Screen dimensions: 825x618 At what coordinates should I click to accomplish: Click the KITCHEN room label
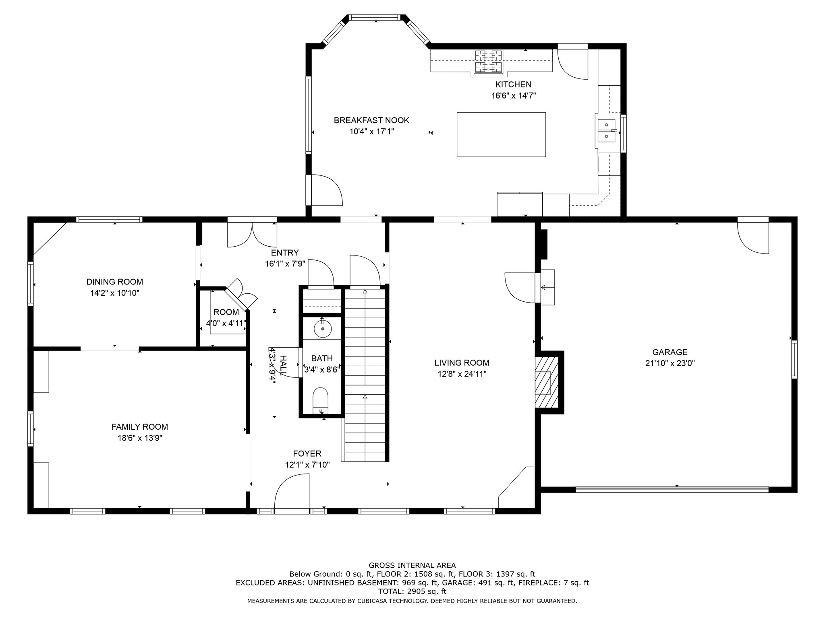click(x=513, y=84)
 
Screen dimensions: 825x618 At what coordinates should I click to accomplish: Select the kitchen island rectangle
click(x=501, y=134)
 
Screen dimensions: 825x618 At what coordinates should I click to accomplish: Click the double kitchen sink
click(x=606, y=131)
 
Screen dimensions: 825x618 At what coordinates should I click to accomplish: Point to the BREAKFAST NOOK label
click(x=371, y=120)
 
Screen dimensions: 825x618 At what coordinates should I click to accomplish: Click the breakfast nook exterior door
click(x=324, y=190)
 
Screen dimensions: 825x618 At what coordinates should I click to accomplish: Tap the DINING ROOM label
click(x=115, y=282)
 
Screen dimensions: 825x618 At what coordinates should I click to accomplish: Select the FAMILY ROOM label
click(x=140, y=427)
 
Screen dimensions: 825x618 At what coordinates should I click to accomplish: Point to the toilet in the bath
click(x=321, y=400)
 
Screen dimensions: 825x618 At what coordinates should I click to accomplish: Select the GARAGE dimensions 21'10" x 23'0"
click(x=670, y=363)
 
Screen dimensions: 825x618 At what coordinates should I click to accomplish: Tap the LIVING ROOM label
click(x=462, y=363)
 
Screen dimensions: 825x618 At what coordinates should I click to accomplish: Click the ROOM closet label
click(x=226, y=312)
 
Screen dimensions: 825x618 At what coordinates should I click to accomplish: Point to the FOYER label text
click(x=307, y=454)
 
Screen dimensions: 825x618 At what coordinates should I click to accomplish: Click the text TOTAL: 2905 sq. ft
click(x=412, y=591)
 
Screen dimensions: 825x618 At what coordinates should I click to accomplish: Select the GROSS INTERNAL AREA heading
click(x=412, y=565)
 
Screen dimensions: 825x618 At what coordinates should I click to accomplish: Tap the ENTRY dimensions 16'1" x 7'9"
click(x=285, y=264)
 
